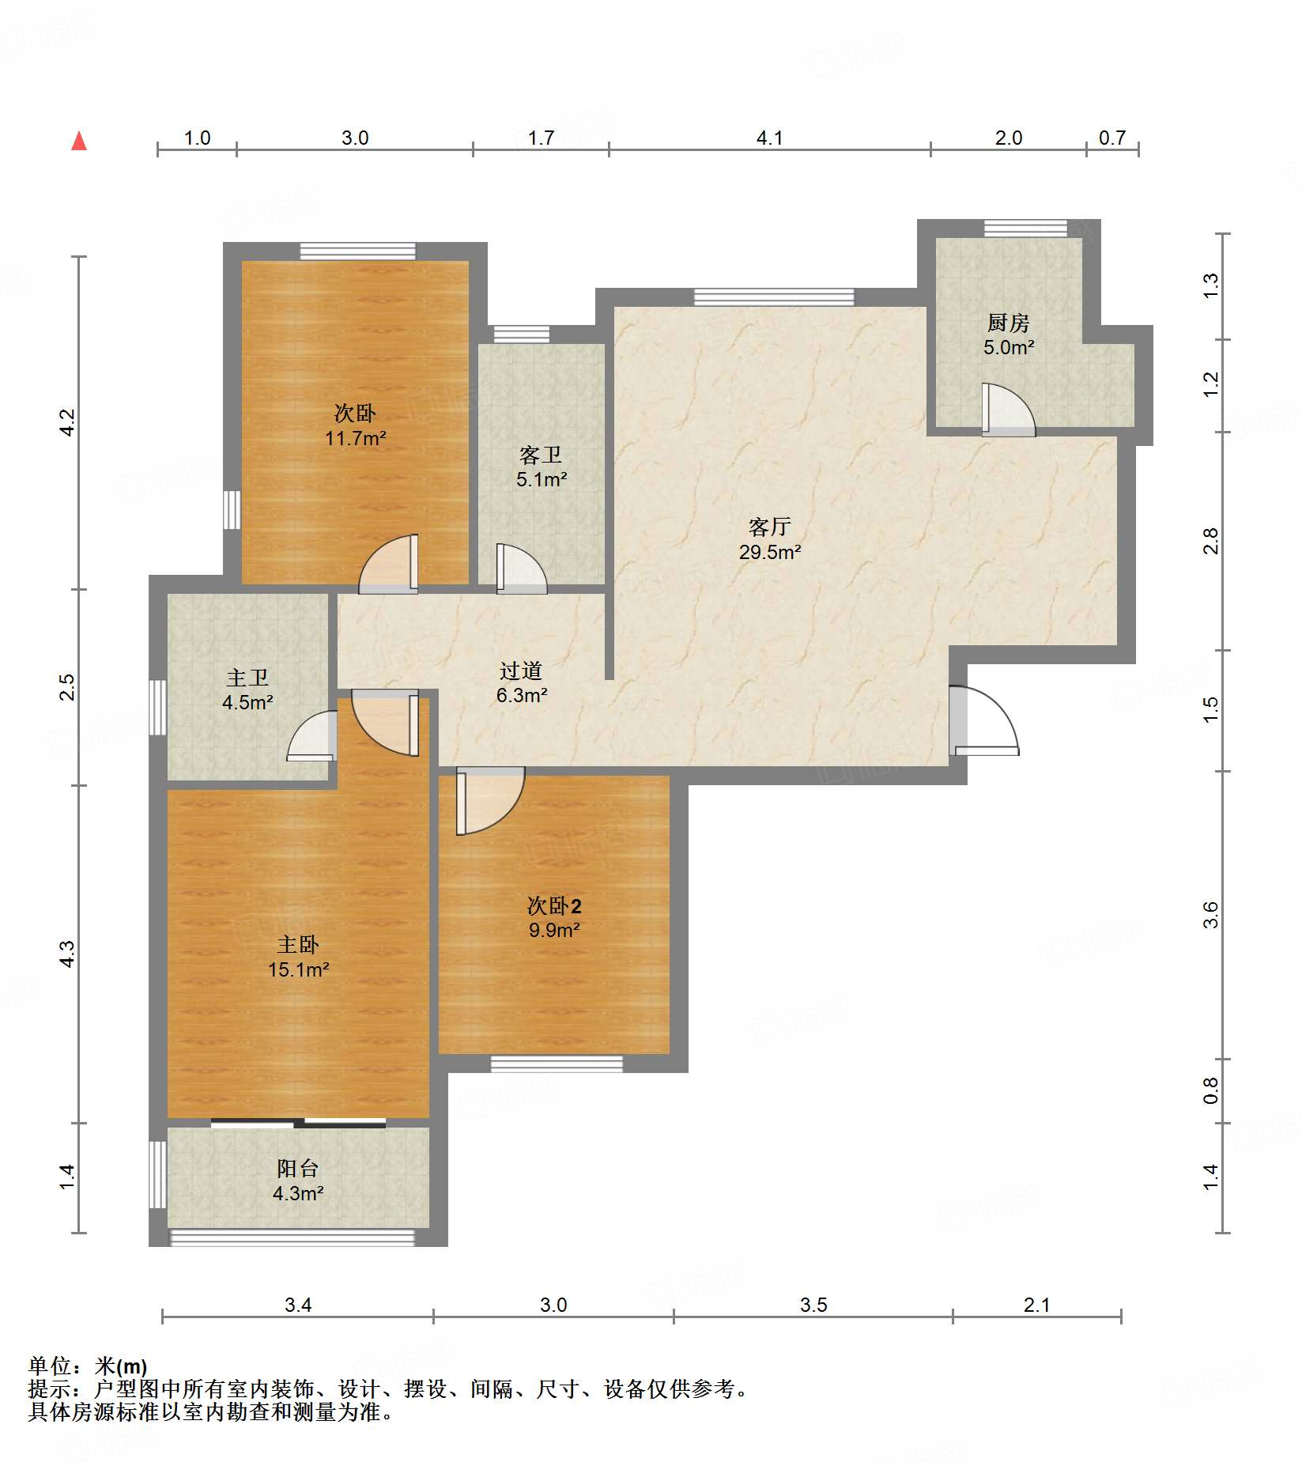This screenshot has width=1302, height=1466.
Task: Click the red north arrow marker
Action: click(x=79, y=141)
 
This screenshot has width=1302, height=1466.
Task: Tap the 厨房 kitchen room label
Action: click(x=1008, y=323)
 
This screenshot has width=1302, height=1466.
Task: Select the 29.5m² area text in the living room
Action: click(x=770, y=552)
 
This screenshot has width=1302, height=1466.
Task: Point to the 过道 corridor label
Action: click(x=521, y=671)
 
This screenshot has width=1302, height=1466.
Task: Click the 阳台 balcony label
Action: click(x=298, y=1168)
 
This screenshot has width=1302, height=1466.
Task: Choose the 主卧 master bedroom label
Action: click(x=298, y=944)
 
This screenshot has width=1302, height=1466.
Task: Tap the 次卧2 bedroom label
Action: click(x=554, y=905)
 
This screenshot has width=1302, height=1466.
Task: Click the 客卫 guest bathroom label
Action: click(x=541, y=455)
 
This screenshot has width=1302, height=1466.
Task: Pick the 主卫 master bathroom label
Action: click(x=247, y=678)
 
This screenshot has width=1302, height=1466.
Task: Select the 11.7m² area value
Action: click(x=356, y=438)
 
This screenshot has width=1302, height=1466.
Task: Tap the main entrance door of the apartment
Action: click(x=983, y=720)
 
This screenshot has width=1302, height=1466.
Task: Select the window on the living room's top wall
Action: click(x=774, y=297)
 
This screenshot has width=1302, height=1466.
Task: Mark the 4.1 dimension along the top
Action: click(x=769, y=138)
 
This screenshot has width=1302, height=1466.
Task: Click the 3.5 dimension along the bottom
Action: click(x=813, y=1305)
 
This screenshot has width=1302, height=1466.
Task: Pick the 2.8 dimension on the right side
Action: click(x=1210, y=541)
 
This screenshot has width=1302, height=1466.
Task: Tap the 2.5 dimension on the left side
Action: click(x=67, y=686)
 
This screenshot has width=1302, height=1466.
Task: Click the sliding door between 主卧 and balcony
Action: click(x=298, y=1123)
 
